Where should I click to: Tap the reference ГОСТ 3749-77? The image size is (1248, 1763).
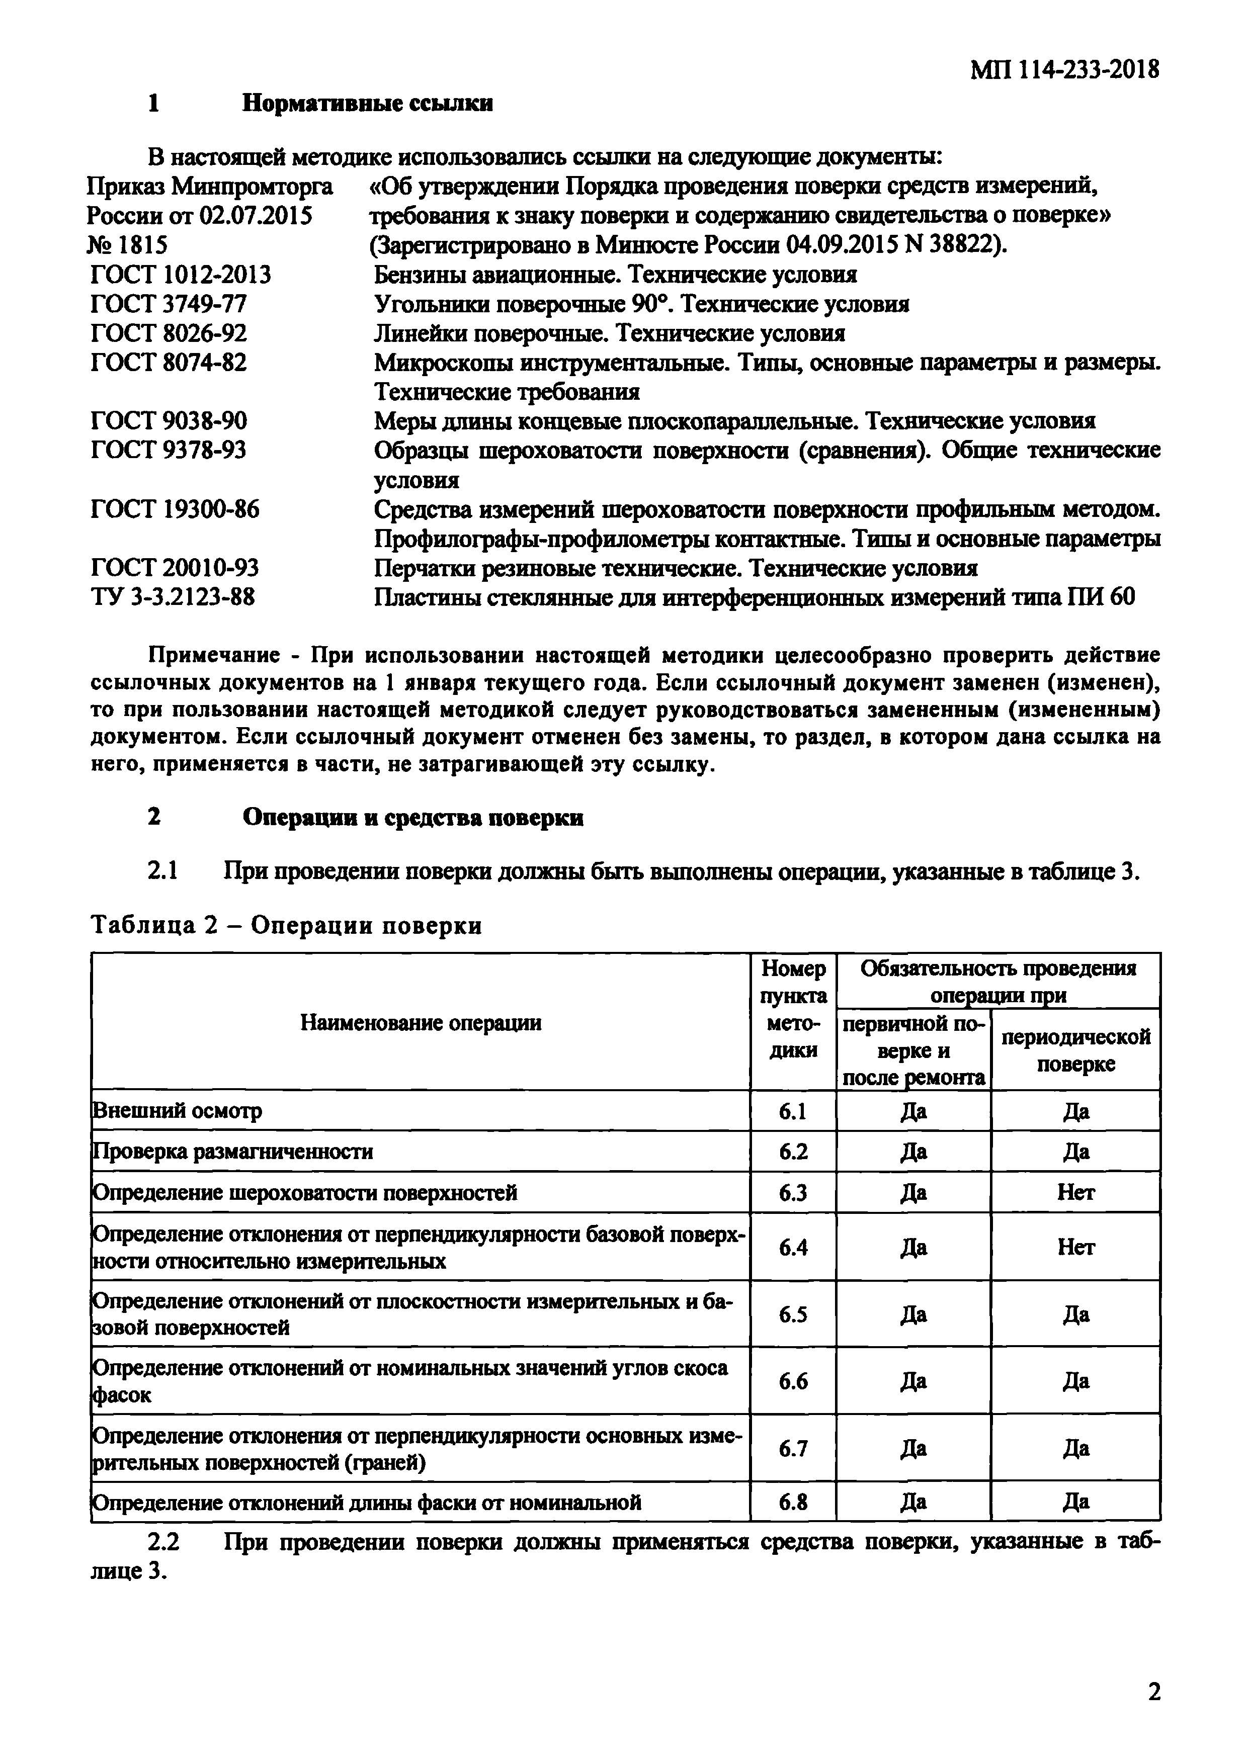coord(169,304)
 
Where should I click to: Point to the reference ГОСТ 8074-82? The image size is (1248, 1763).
coord(169,363)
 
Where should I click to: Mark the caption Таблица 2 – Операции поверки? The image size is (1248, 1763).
coord(286,926)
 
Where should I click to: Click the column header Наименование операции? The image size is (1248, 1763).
coord(421,1022)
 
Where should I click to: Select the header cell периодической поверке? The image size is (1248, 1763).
coord(1075,1050)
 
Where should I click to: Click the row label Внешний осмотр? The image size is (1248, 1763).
coord(177,1111)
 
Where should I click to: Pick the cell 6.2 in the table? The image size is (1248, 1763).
coord(792,1152)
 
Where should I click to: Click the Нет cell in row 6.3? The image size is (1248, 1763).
coord(1075,1192)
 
